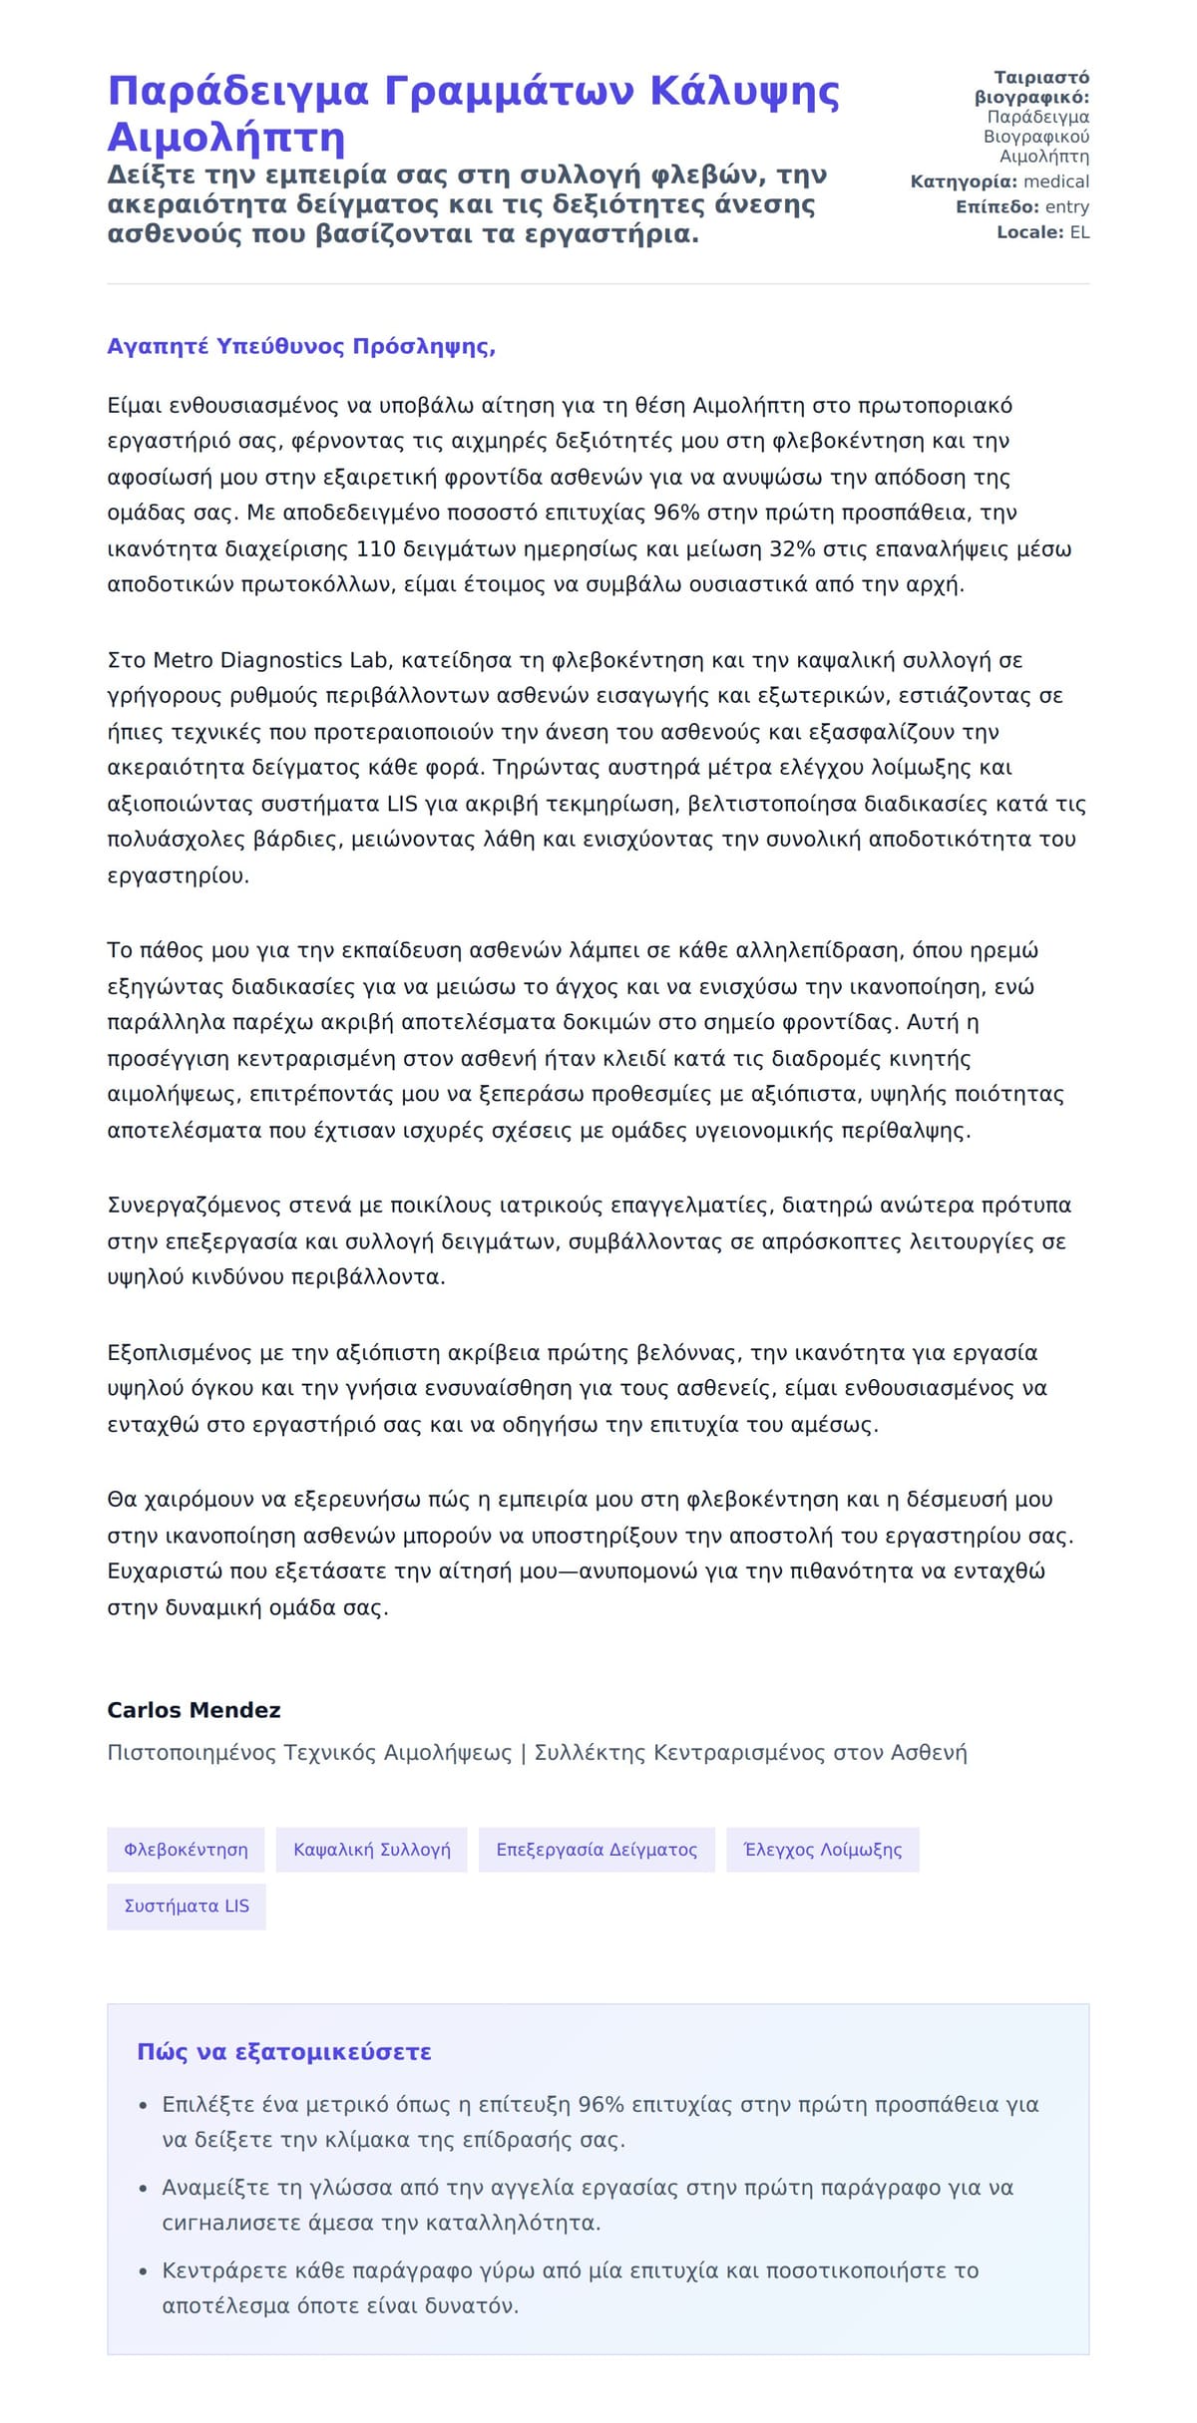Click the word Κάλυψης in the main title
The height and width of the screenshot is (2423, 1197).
click(x=744, y=91)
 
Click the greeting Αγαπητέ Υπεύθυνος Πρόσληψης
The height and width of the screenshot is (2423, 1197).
click(x=301, y=346)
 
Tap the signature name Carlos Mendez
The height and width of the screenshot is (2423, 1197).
click(x=194, y=1710)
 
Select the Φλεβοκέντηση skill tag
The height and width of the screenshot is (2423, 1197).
click(x=186, y=1850)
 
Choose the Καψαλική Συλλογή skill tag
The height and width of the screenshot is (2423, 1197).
click(x=371, y=1850)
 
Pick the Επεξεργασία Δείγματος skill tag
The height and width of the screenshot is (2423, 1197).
click(x=597, y=1850)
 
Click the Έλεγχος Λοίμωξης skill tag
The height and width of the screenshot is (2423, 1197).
click(x=822, y=1850)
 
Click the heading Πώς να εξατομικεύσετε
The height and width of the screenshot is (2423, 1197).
click(x=284, y=2052)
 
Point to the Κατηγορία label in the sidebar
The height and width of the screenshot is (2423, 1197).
click(x=964, y=181)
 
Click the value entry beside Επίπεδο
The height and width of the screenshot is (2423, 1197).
click(x=1066, y=207)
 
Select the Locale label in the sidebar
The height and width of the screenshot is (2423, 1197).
click(x=1030, y=232)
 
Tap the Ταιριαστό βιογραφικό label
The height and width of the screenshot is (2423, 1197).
click(x=1032, y=88)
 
